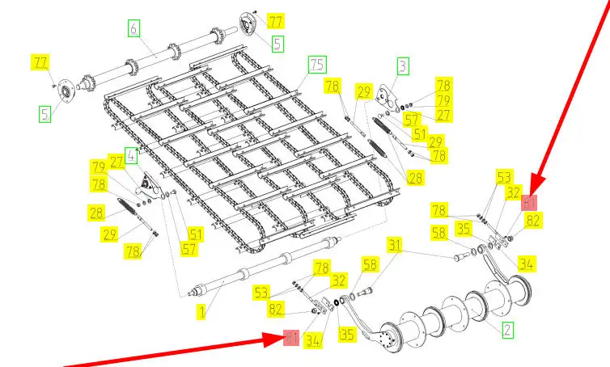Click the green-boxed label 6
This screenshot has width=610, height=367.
point(134,28)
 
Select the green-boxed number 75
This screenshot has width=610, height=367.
point(316,65)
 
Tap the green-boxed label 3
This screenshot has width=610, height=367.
point(402,66)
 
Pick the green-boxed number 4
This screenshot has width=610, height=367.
point(130,154)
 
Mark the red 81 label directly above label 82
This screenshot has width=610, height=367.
point(530,202)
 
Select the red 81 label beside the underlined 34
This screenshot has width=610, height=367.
point(291,338)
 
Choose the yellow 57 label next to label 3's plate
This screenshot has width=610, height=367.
point(413,119)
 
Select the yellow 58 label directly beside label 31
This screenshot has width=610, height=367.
point(370,264)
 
